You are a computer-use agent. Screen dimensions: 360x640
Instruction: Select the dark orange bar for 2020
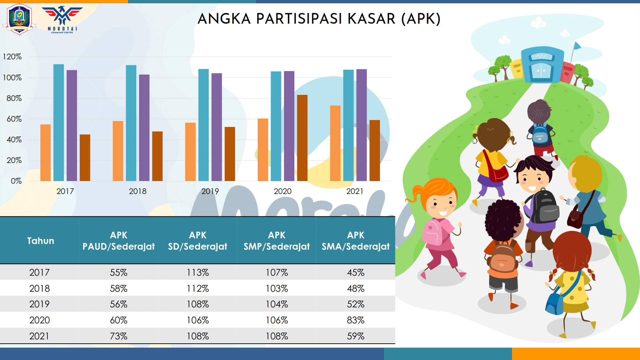coord(302,138)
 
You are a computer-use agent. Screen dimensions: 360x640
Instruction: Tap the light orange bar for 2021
coord(335,143)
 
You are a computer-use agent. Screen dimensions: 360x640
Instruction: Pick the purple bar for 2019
coord(217,127)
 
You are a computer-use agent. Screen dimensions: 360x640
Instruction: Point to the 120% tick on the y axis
coord(12,57)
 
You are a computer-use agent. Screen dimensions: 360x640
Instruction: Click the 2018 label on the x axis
coord(138,191)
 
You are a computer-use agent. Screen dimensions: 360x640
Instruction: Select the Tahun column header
coord(40,241)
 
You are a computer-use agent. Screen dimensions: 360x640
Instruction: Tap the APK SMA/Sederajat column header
coord(356,241)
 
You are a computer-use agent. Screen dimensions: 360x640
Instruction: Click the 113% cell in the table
coord(198,273)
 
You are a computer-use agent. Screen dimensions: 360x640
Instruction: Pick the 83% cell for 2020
coord(356,320)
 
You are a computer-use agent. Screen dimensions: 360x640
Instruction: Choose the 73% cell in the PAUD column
coord(119,336)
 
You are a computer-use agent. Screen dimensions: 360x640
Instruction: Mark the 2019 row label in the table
coord(39,304)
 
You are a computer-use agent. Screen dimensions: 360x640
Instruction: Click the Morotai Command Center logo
coord(62,19)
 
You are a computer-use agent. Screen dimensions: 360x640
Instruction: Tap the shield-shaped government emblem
coord(19,19)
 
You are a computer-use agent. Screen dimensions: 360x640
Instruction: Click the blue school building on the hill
coord(542,65)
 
